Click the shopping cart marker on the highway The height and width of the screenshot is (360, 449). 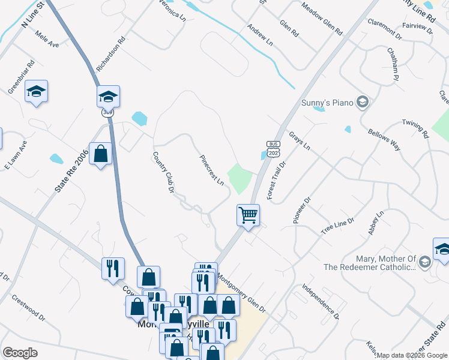tap(248, 214)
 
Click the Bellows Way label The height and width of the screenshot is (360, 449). tap(384, 139)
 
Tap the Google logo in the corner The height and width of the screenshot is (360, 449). tap(20, 352)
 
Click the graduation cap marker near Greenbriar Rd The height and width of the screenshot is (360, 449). tap(36, 92)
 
